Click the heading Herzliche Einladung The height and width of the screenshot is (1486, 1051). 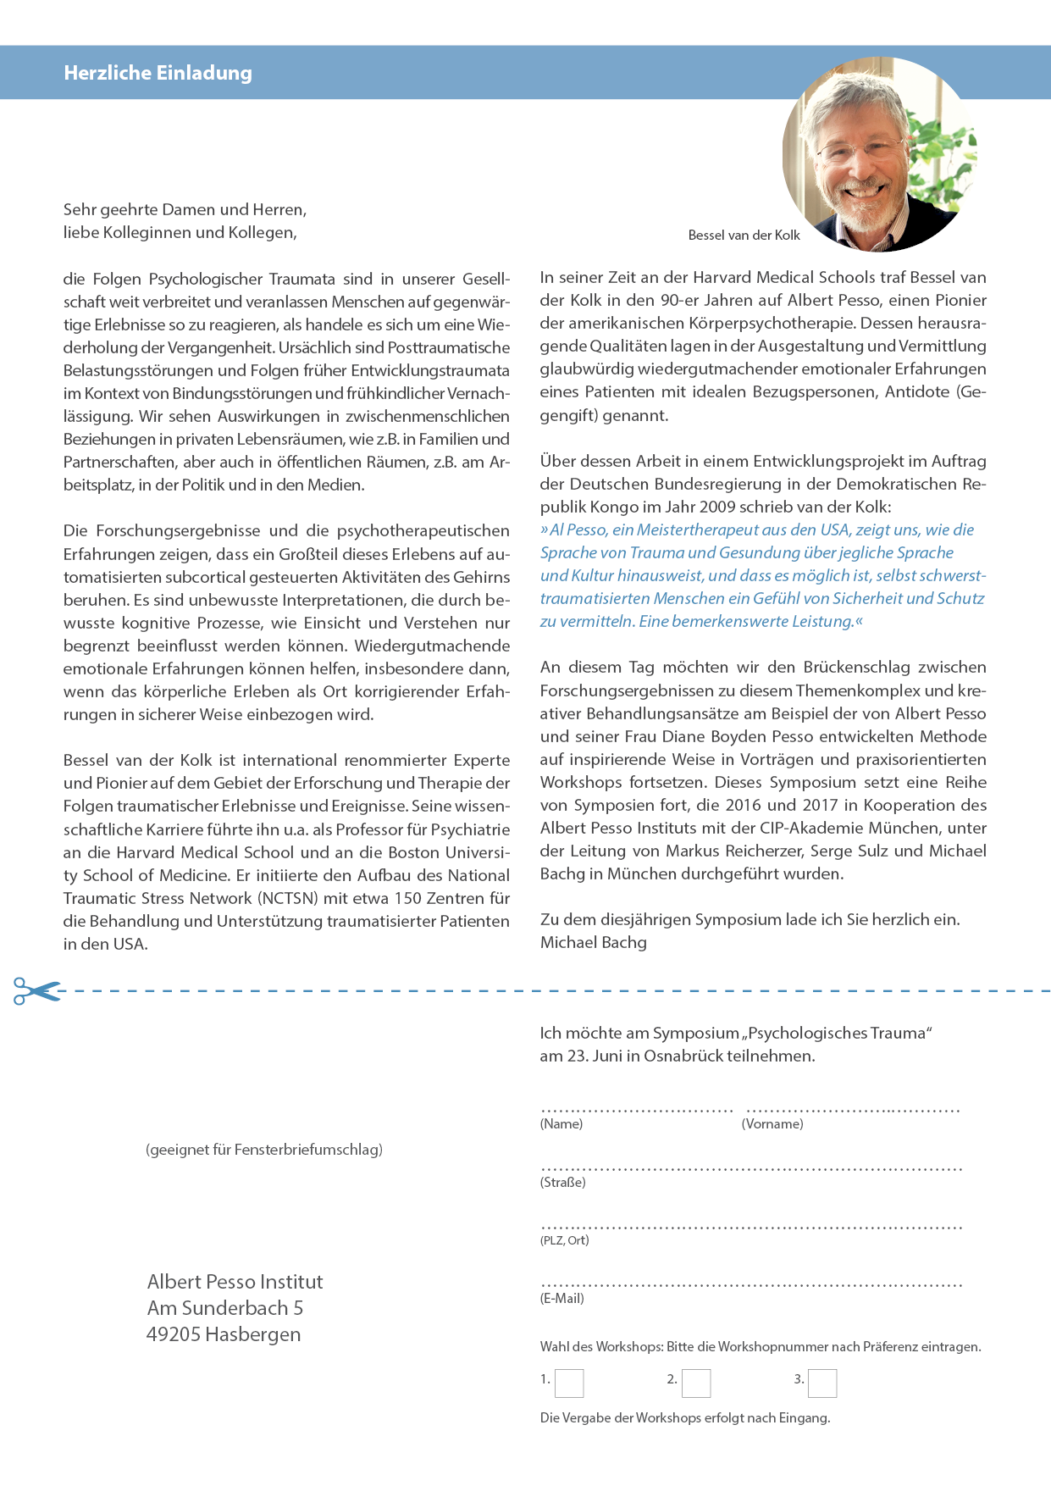coord(158,73)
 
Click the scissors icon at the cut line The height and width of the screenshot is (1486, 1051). coord(36,990)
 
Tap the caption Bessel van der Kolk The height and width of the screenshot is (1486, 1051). coord(744,236)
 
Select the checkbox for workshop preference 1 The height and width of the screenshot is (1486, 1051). coord(569,1383)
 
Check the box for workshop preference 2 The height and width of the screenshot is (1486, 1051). coord(696,1383)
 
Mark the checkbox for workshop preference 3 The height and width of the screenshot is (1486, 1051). coord(822,1383)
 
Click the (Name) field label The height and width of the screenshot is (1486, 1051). coord(561,1124)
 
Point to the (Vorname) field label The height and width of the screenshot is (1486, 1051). coord(772,1124)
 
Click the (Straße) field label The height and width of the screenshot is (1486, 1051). coord(563,1183)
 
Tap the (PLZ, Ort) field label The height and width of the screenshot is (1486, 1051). coord(565,1240)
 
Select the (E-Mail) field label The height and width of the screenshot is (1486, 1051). coord(562,1299)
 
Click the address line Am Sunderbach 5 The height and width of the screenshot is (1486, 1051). coord(225,1308)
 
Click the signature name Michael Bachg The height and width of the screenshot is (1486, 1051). coord(594,943)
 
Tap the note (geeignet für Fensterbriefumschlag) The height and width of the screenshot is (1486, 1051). coord(264,1150)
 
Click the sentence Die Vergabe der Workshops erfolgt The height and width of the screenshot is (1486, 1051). coord(685,1418)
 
